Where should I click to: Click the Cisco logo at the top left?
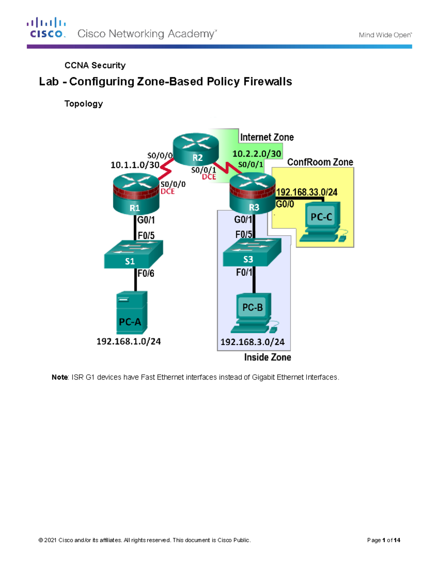(46, 28)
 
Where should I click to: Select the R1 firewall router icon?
(136, 194)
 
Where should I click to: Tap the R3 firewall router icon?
(252, 193)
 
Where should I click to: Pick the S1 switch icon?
(133, 255)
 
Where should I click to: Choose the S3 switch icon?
(252, 252)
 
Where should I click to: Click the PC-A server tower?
(132, 312)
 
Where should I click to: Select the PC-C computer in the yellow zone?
(322, 222)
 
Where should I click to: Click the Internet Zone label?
(267, 137)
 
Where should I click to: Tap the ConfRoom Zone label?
(320, 162)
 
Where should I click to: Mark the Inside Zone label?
(267, 357)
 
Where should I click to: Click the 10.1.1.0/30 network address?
(135, 165)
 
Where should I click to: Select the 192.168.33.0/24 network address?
(307, 192)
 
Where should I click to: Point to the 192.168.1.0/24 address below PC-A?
(128, 341)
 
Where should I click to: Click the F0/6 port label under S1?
(146, 273)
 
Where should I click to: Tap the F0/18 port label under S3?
(244, 273)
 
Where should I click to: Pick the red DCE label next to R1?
(168, 192)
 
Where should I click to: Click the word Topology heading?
(83, 104)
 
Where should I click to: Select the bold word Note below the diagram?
(60, 377)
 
